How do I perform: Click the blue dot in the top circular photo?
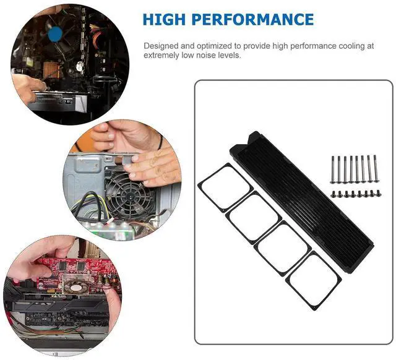tap(55, 35)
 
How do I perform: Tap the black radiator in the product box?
tap(302, 202)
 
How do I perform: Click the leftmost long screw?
tap(332, 169)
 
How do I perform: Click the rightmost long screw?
tap(376, 168)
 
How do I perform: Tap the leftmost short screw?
tap(333, 194)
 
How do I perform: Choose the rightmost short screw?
tap(378, 193)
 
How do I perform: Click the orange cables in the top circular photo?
tap(97, 35)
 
